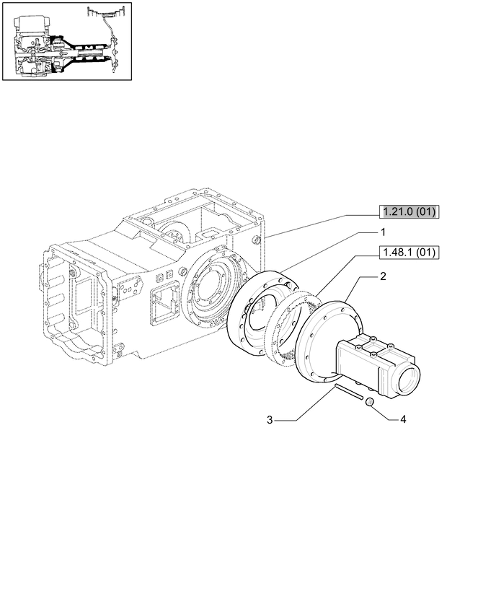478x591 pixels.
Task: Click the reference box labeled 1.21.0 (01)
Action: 410,211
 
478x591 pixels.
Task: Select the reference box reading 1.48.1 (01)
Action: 410,252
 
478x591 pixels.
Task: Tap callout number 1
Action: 383,232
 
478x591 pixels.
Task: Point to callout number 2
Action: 383,276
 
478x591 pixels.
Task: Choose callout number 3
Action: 270,420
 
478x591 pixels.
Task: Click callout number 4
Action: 403,419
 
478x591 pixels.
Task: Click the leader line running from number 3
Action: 303,406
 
